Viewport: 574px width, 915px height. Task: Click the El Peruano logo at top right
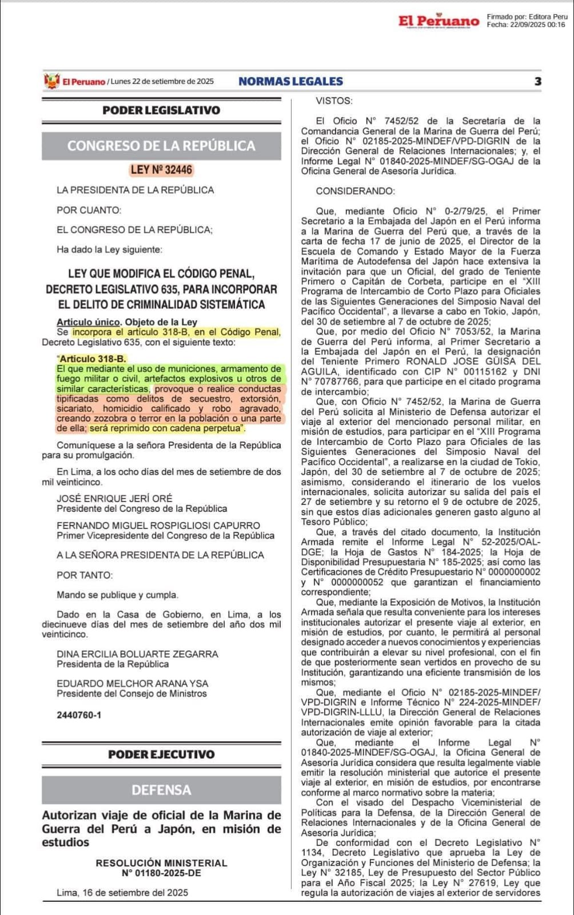(x=439, y=21)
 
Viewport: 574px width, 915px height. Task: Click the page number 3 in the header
(x=537, y=81)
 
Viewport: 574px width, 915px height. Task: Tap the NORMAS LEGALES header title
(x=290, y=81)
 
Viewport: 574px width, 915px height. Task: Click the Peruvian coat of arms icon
(x=51, y=81)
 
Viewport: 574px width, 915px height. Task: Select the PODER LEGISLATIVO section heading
(x=161, y=110)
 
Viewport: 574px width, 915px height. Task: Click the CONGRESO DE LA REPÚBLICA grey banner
(x=161, y=146)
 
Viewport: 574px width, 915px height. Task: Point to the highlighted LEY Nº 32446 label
(x=161, y=170)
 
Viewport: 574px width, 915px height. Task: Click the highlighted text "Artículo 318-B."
(x=92, y=359)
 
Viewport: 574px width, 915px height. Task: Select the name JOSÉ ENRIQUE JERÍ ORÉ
(x=114, y=498)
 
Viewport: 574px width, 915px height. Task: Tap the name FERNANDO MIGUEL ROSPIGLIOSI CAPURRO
(x=158, y=525)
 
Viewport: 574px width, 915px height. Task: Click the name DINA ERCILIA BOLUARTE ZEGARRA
(x=137, y=654)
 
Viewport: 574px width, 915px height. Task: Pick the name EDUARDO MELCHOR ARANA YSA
(x=133, y=683)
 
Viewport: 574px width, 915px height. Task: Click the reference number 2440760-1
(x=79, y=715)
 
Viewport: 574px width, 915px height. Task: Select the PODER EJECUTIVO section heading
(x=161, y=754)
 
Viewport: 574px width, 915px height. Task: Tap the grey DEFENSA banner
(x=161, y=790)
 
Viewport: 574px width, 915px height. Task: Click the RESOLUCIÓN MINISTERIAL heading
(x=161, y=862)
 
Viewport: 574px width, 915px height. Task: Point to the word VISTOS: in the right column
(x=334, y=101)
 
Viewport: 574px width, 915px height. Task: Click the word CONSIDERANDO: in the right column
(x=355, y=191)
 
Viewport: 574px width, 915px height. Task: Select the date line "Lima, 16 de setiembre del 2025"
(x=122, y=892)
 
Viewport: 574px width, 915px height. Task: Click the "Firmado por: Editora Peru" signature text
(x=527, y=17)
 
